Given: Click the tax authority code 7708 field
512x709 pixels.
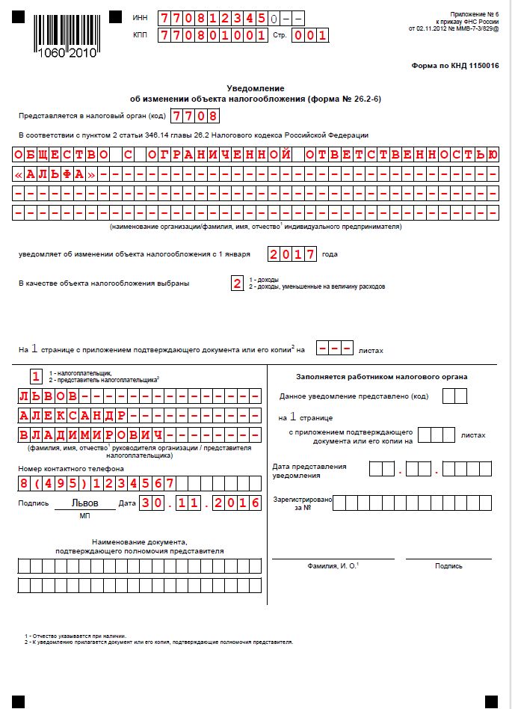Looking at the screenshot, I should pyautogui.click(x=195, y=116).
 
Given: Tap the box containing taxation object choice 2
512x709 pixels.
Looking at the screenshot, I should pyautogui.click(x=237, y=283).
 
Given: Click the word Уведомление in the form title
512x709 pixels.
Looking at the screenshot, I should pyautogui.click(x=256, y=88).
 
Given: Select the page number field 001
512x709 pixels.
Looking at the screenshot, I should pyautogui.click(x=309, y=35).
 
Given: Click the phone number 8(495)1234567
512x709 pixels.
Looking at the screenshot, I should pyautogui.click(x=96, y=483).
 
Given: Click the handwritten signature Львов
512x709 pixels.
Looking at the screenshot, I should pyautogui.click(x=84, y=503).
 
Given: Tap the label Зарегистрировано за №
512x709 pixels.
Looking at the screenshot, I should pyautogui.click(x=302, y=503).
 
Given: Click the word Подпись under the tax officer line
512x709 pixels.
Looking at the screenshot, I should pyautogui.click(x=448, y=566).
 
